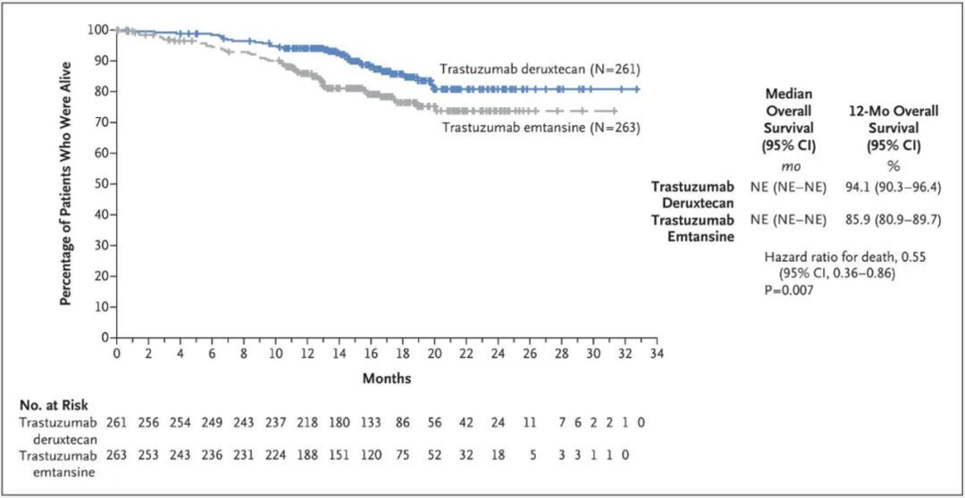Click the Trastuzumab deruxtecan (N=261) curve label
point(539,68)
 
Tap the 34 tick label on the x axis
point(656,354)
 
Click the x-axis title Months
point(387,378)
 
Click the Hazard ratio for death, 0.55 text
point(844,257)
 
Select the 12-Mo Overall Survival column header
point(885,128)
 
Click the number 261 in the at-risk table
point(117,422)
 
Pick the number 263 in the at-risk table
point(117,453)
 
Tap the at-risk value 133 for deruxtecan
point(370,422)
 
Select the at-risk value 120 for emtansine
point(370,453)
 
